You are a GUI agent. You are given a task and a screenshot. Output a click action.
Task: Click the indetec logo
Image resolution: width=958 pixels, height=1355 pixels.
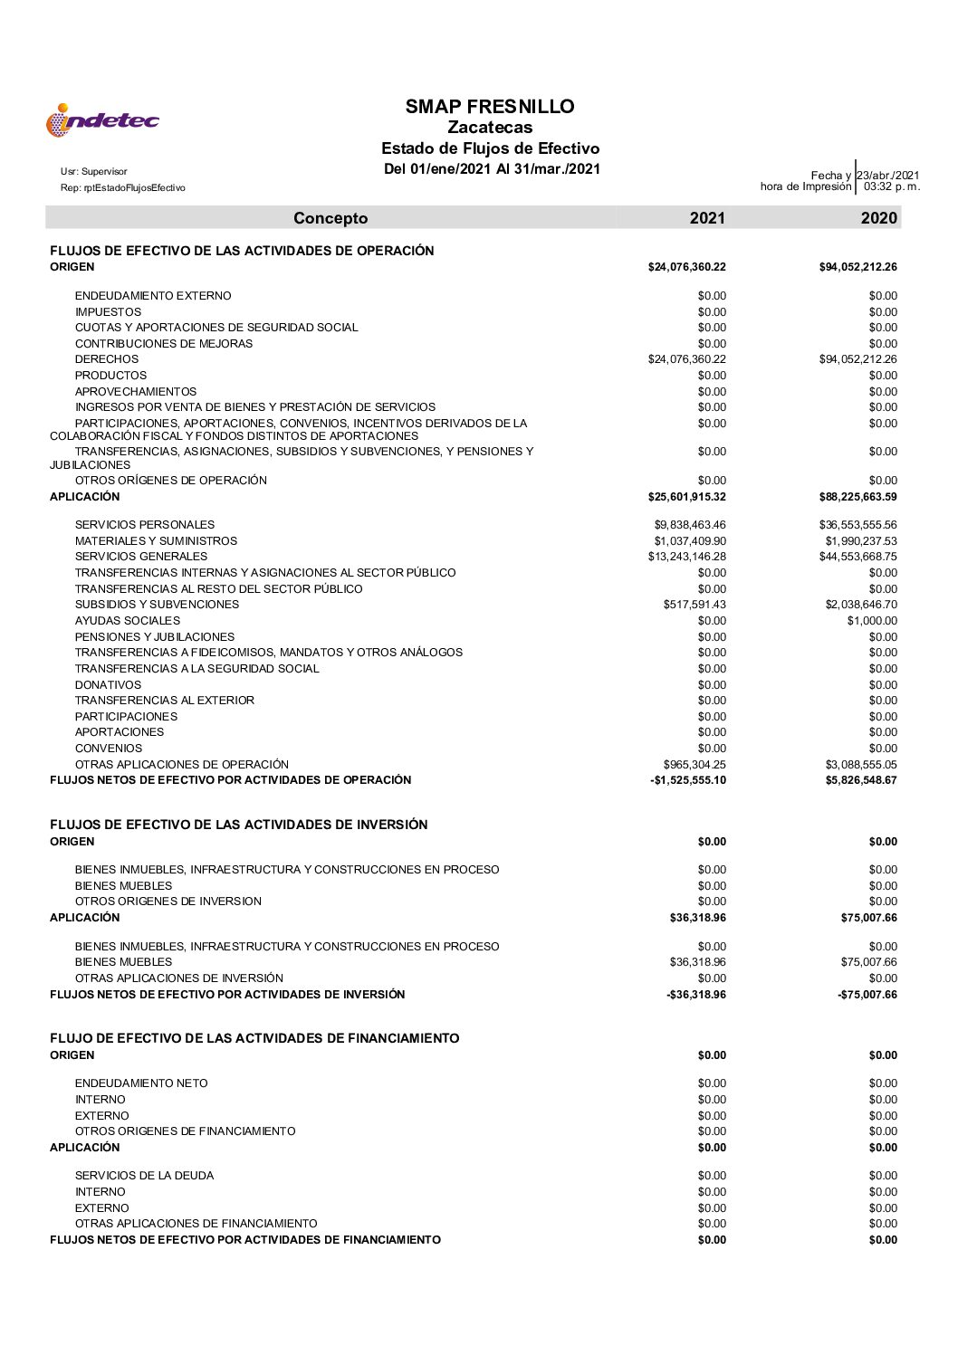pyautogui.click(x=102, y=120)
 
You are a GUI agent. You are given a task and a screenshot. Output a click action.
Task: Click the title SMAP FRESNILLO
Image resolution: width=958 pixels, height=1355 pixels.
pyautogui.click(x=490, y=107)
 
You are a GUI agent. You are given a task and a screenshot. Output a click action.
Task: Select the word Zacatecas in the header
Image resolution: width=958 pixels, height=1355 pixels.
pyautogui.click(x=490, y=128)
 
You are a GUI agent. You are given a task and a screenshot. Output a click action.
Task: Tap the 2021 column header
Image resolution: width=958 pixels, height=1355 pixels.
pyautogui.click(x=707, y=218)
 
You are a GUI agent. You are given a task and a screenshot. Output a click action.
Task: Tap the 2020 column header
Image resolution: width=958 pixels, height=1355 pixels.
pyautogui.click(x=879, y=218)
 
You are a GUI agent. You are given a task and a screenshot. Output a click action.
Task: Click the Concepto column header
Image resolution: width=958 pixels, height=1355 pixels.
pyautogui.click(x=331, y=218)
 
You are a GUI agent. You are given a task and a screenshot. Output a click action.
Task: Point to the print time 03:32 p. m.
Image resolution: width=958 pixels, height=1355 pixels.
pyautogui.click(x=891, y=187)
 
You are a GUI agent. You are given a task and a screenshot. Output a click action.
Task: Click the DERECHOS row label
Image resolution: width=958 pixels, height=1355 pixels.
pyautogui.click(x=107, y=359)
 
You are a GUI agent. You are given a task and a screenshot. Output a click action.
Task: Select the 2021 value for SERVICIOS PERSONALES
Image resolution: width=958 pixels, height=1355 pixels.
pyautogui.click(x=690, y=525)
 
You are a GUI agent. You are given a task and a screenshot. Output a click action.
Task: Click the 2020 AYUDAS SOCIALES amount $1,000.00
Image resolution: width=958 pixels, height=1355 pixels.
pyautogui.click(x=872, y=621)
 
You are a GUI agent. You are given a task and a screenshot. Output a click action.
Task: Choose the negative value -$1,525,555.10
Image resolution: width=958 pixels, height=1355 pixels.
pyautogui.click(x=688, y=780)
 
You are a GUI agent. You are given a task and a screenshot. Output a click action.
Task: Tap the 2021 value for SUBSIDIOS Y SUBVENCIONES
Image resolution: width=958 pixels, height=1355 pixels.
pyautogui.click(x=695, y=605)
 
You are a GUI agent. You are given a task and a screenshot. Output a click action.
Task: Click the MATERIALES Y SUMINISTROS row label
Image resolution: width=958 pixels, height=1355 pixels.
pyautogui.click(x=156, y=541)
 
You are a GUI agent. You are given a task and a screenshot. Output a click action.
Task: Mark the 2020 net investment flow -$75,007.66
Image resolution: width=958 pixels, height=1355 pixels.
pyautogui.click(x=867, y=995)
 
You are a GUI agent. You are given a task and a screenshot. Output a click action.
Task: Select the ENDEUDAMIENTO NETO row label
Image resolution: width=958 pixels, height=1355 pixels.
pyautogui.click(x=141, y=1083)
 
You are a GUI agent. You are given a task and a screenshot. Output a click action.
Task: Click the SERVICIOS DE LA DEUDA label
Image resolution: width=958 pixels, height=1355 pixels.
pyautogui.click(x=144, y=1176)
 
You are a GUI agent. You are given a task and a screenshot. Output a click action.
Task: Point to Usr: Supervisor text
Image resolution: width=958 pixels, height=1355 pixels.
pyautogui.click(x=94, y=171)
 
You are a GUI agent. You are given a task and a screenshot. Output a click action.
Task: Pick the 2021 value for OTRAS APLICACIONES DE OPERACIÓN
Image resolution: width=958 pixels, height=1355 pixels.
pyautogui.click(x=695, y=765)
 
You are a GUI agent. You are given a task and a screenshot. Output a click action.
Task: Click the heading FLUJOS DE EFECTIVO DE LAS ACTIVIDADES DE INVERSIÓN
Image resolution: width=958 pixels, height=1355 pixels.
pyautogui.click(x=239, y=825)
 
